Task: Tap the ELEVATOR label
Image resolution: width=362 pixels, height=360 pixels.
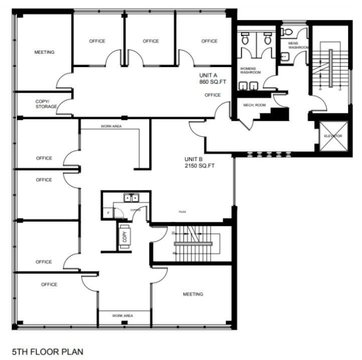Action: pos(332,136)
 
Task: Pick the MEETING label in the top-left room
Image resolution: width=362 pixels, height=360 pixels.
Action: pos(44,52)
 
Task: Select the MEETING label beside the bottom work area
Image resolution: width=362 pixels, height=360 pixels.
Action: pos(193,294)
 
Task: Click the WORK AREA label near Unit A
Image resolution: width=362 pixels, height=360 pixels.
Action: pos(111,126)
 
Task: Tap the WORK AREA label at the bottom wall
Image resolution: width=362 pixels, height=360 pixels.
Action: pos(122,316)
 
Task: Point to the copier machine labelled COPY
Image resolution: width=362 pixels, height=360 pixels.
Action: pos(125,237)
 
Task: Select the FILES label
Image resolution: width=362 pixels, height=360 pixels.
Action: pos(182,212)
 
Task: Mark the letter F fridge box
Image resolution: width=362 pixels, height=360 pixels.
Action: pos(108,213)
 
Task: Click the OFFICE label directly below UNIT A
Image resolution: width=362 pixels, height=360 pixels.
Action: pos(213,95)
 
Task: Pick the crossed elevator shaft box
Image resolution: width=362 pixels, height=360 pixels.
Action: pos(332,136)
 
